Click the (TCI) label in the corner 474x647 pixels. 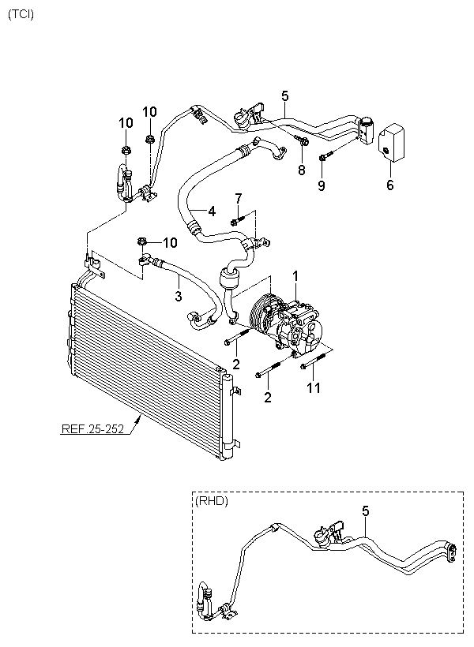[21, 15]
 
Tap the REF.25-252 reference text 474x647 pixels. [92, 429]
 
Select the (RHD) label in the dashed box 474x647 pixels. [211, 501]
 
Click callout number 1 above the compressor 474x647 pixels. [295, 275]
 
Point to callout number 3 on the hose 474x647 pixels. [178, 296]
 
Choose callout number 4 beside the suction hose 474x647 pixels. [212, 211]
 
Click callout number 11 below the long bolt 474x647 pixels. [314, 388]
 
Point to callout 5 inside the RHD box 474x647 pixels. [365, 511]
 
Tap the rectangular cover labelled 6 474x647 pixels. [391, 142]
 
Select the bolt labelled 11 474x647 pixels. [316, 360]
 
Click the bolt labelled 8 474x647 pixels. [302, 140]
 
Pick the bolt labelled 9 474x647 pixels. [325, 157]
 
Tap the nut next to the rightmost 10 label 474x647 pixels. [142, 241]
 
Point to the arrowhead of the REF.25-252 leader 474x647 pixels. [139, 419]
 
